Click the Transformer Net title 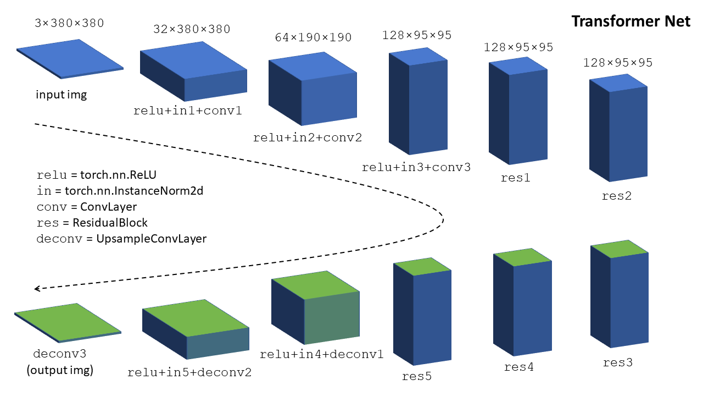click(631, 21)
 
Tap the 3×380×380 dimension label click(69, 24)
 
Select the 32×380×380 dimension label click(192, 29)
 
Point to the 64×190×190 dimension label click(313, 38)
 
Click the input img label click(62, 95)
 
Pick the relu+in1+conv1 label click(187, 111)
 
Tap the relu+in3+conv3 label click(416, 167)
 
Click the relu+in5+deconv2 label click(189, 372)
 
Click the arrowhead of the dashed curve click(37, 289)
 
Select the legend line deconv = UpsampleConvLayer click(121, 239)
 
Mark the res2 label click(617, 195)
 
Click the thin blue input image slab click(70, 58)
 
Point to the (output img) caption click(60, 370)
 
